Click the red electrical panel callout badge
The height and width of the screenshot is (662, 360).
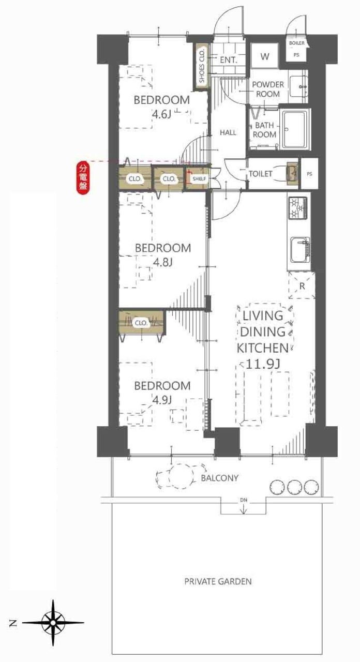(x=83, y=178)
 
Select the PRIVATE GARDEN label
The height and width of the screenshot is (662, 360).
(x=218, y=582)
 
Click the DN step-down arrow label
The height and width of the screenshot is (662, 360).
(x=244, y=500)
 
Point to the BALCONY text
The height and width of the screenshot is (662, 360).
(x=220, y=478)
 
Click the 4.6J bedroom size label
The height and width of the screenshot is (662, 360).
(x=161, y=114)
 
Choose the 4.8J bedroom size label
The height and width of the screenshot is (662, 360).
(x=162, y=262)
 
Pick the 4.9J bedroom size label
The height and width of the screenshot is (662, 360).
(x=162, y=400)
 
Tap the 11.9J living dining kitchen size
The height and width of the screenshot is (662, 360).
(x=263, y=364)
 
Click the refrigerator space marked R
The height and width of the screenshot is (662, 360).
(x=302, y=285)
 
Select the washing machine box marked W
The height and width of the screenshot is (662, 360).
(x=264, y=56)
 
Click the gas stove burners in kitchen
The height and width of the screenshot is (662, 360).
(x=297, y=208)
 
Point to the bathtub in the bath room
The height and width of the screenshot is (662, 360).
(x=296, y=129)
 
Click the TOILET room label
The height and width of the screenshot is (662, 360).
(x=260, y=174)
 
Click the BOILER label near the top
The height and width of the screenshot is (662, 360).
(x=297, y=43)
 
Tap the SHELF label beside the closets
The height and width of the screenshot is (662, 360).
(x=200, y=179)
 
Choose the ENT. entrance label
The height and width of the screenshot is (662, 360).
(x=229, y=60)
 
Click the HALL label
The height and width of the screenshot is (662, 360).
(x=228, y=133)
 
